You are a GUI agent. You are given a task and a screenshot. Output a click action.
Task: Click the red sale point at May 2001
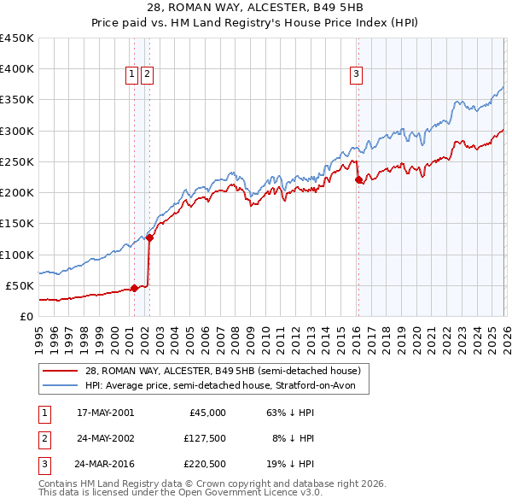pos(134,288)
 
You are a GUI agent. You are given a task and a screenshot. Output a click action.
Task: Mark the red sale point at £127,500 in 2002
pos(149,237)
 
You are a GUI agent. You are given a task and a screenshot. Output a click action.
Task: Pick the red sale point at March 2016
pos(358,180)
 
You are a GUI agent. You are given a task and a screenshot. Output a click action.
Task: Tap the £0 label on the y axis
pos(27,316)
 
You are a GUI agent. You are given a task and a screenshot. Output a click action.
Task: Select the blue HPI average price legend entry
pos(226,386)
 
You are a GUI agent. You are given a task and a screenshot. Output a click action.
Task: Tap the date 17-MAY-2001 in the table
pos(105,412)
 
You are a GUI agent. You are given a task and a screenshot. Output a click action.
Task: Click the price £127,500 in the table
pos(202,438)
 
